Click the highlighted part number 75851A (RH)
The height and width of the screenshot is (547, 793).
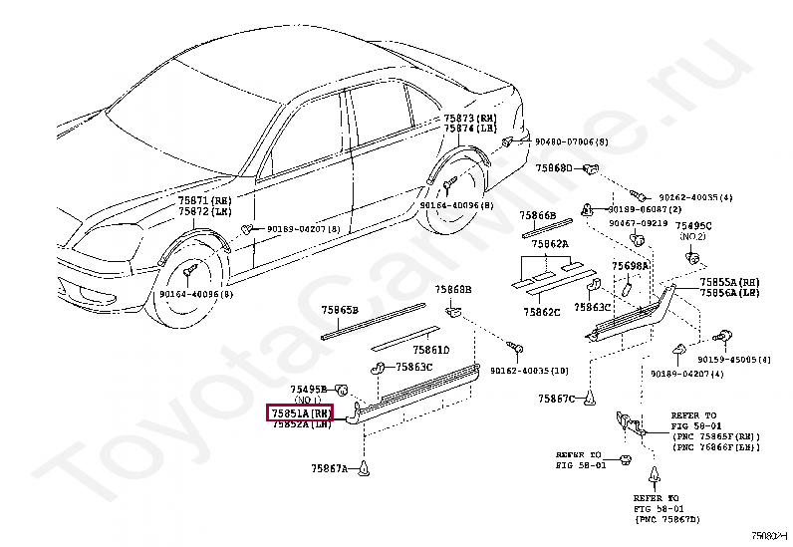coord(299,412)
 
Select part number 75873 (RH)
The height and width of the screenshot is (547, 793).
coord(472,118)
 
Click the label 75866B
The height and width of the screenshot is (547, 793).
coord(538,214)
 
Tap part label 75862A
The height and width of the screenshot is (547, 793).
coord(550,243)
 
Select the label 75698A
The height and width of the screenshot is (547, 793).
coord(630,266)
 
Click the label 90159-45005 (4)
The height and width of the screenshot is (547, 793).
coord(733,359)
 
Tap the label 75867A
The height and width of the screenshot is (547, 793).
coord(328,467)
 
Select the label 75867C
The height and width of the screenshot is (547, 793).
coord(557,399)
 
